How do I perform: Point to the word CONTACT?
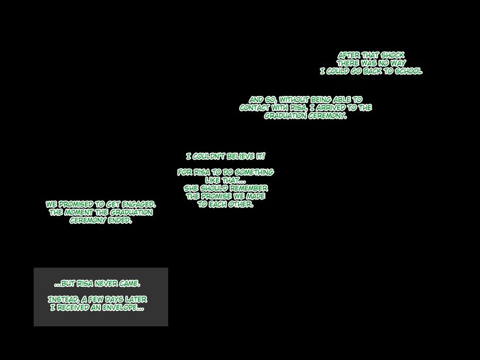(256, 108)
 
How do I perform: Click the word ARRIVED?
(329, 108)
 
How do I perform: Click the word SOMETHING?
(253, 172)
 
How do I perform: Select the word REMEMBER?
(247, 188)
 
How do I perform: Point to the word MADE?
(255, 196)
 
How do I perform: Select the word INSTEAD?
(63, 299)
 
